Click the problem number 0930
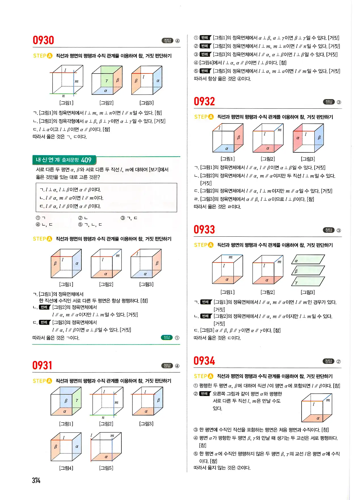tap(43, 40)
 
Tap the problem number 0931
tap(42, 365)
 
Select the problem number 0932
tap(204, 102)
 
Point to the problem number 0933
tap(204, 230)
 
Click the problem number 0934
tap(204, 361)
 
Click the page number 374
tap(36, 480)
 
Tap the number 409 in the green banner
tap(86, 160)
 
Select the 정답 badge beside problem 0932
tap(329, 102)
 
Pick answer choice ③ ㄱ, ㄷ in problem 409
tap(129, 218)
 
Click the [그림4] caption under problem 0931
tap(66, 468)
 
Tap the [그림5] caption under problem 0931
tap(106, 468)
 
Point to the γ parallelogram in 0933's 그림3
tap(308, 282)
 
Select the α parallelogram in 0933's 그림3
tap(308, 259)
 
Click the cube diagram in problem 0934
tap(317, 408)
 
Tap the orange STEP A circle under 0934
tap(210, 376)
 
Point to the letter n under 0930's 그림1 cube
tap(63, 96)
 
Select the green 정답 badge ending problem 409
tap(167, 337)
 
